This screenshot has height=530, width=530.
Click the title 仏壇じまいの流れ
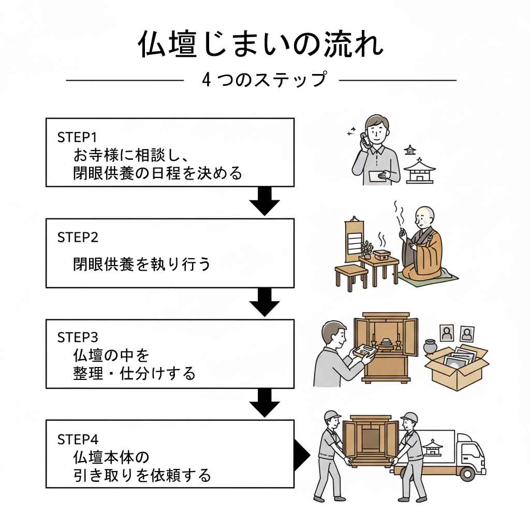261,45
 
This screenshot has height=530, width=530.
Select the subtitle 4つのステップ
264,80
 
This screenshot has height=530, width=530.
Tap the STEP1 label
77,138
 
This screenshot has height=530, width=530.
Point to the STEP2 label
78,238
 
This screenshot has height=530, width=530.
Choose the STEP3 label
78,337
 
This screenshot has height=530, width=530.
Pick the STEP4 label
78,439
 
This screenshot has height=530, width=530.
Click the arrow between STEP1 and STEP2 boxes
264,202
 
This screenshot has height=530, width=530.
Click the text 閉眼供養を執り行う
142,264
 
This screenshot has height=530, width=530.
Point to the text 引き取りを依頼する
142,475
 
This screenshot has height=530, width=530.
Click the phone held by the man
364,140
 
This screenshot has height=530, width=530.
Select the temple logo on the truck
432,447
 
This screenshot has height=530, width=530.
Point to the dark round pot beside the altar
431,347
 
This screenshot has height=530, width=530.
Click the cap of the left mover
331,416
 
